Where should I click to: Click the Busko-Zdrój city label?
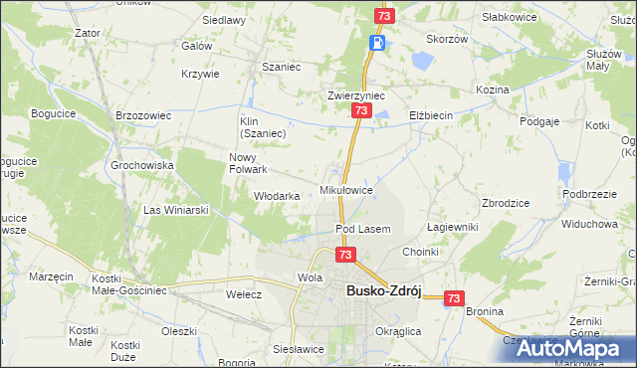pyautogui.click(x=384, y=290)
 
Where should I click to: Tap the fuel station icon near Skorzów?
pyautogui.click(x=377, y=43)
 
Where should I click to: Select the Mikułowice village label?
pyautogui.click(x=345, y=189)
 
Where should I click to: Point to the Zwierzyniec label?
pyautogui.click(x=356, y=95)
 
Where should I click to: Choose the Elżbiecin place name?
pyautogui.click(x=431, y=115)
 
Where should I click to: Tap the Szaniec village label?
pyautogui.click(x=281, y=67)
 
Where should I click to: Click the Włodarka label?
pyautogui.click(x=277, y=196)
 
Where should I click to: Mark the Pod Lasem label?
pyautogui.click(x=362, y=229)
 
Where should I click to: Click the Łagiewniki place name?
pyautogui.click(x=453, y=227)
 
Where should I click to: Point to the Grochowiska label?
pyautogui.click(x=143, y=165)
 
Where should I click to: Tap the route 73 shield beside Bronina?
pyautogui.click(x=455, y=297)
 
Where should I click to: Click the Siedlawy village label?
pyautogui.click(x=224, y=20)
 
